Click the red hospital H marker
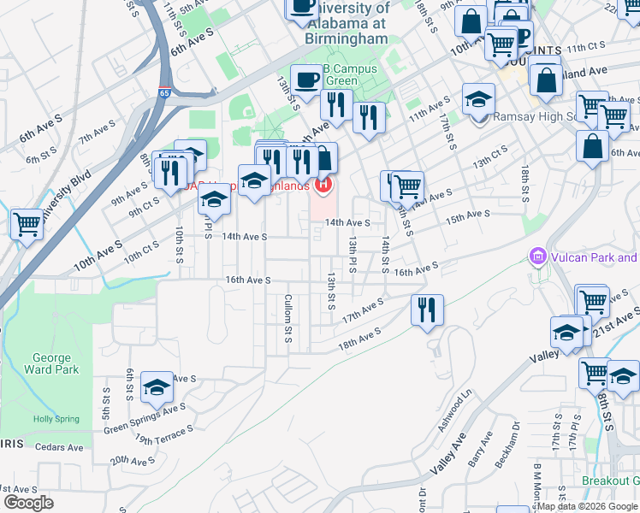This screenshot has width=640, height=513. point(323,183)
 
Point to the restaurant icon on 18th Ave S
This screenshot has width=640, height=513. point(427,310)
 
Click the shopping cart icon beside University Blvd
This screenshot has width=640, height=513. point(27,224)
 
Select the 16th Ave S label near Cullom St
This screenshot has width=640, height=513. point(247,280)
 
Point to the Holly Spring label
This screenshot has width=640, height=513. point(56,419)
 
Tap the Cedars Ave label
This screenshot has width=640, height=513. point(59,446)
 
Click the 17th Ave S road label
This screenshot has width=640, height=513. point(363,310)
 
